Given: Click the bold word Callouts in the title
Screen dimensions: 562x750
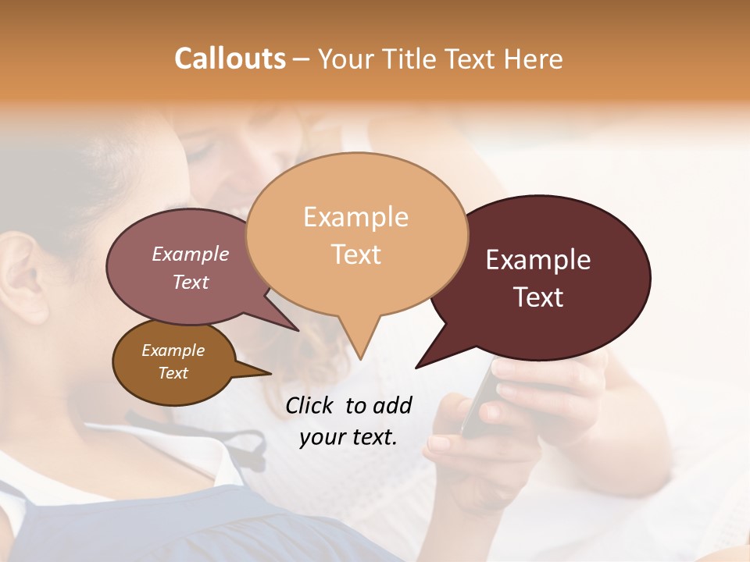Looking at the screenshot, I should [230, 59].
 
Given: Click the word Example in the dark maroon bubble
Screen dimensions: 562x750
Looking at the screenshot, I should [538, 260].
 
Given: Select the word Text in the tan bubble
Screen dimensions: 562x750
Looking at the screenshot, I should [356, 254].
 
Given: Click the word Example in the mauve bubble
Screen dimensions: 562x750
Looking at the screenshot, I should [191, 254].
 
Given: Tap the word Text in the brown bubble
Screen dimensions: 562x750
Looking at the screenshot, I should [173, 373].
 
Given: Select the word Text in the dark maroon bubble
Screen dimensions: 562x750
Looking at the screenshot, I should [539, 297].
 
